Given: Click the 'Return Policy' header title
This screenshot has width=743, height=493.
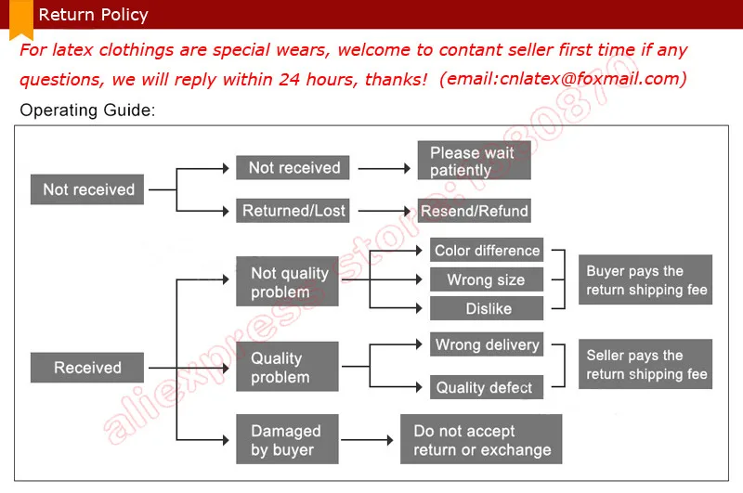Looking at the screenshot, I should click(x=93, y=15).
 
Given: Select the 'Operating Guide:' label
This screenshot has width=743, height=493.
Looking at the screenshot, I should click(x=87, y=110).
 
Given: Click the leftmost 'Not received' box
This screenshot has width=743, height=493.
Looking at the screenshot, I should click(x=89, y=189).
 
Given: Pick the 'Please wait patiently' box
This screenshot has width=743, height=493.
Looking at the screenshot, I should click(x=474, y=161).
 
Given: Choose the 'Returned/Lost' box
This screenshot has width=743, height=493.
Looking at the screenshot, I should click(x=293, y=211).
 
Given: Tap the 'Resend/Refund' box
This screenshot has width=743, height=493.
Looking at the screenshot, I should click(x=474, y=211).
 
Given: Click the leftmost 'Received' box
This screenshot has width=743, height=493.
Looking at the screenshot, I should click(x=88, y=368).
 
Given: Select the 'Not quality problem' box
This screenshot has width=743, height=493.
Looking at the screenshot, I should click(x=287, y=281).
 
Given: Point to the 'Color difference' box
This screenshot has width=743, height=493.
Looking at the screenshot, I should click(x=487, y=251).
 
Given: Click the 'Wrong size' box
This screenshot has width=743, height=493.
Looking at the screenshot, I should click(x=487, y=279).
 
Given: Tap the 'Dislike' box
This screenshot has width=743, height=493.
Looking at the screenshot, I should click(x=487, y=308).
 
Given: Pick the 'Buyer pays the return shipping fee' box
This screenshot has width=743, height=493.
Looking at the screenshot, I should click(x=645, y=280).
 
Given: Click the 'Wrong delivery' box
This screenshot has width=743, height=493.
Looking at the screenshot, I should click(x=487, y=344).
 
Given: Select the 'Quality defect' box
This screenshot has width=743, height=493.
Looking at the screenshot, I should click(x=487, y=387).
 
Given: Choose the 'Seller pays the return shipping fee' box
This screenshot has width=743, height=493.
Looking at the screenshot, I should click(x=645, y=365).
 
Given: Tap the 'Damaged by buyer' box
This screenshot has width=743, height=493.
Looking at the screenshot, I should click(x=287, y=440).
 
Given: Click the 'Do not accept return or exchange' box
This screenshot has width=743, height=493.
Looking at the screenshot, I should click(x=481, y=440).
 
